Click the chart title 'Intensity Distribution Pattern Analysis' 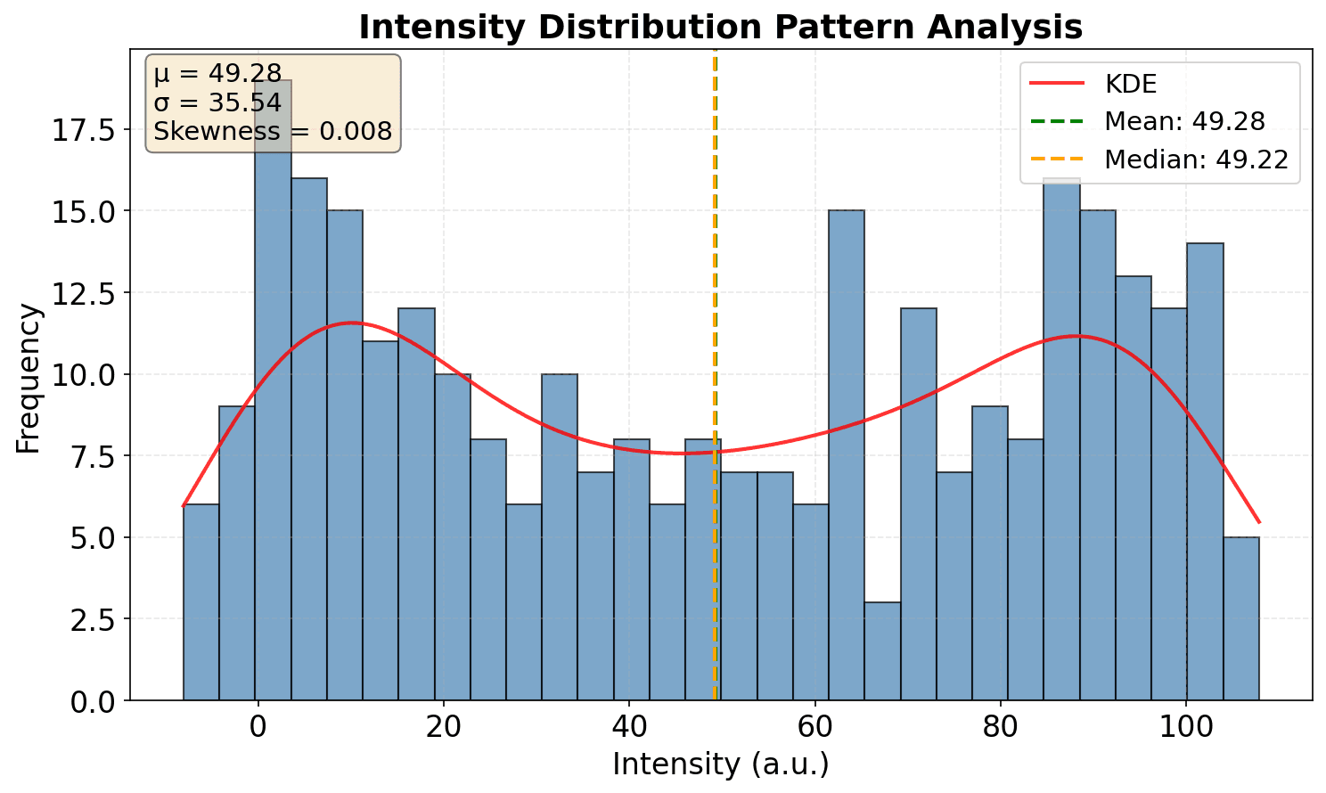720,28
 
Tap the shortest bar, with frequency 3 882,651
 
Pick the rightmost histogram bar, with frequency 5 1240,618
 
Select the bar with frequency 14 1205,472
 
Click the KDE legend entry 1130,84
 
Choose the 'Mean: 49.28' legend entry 1184,121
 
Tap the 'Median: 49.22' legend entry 1196,159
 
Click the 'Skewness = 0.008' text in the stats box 273,132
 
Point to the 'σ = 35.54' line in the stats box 217,102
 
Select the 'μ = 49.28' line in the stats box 217,73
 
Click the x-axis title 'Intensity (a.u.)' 720,764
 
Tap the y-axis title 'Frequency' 29,378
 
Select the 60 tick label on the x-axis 814,726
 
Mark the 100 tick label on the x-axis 1186,726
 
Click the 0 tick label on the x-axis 258,726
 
